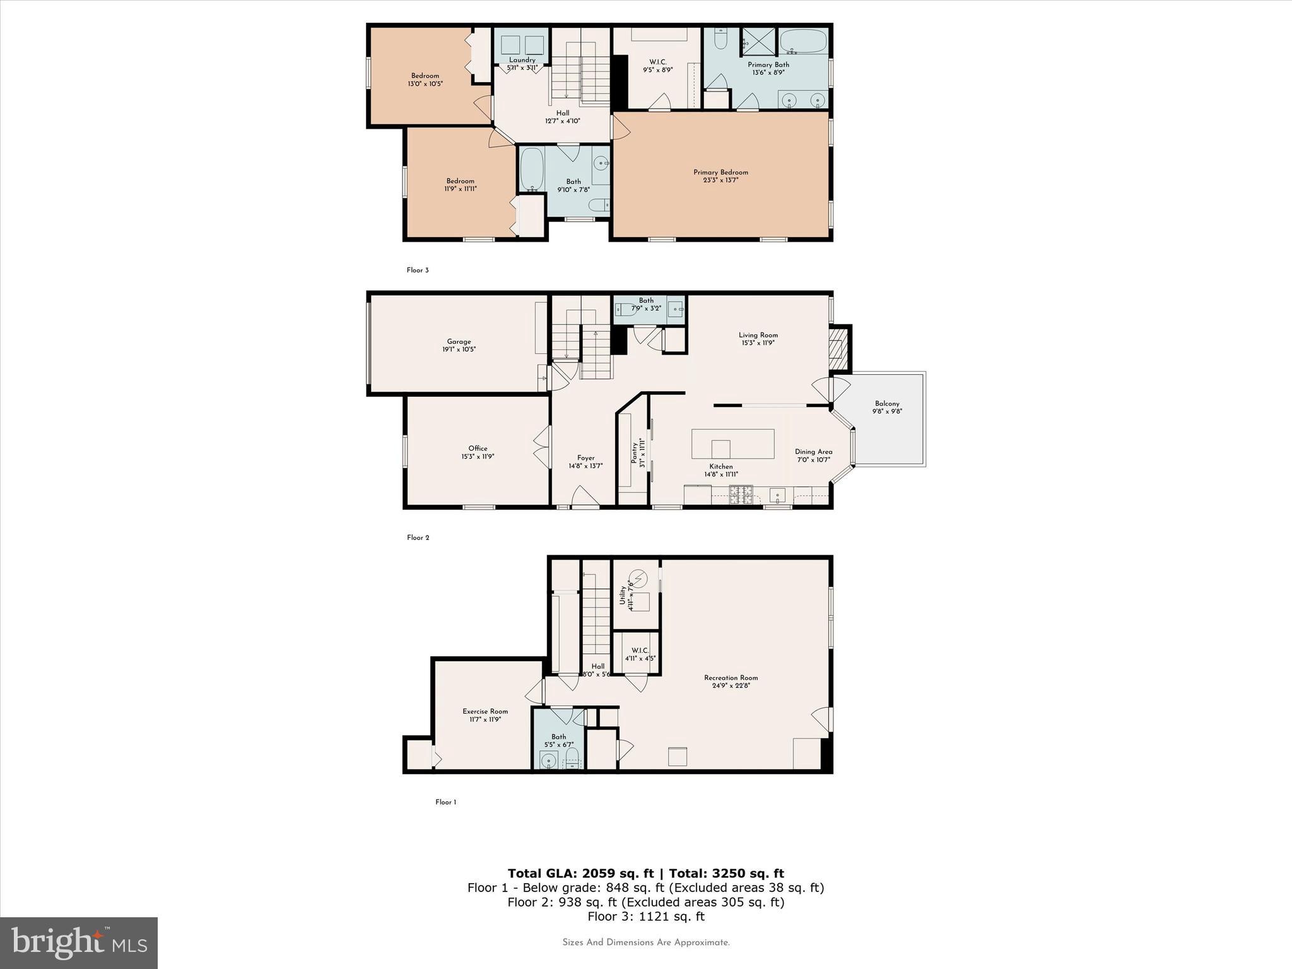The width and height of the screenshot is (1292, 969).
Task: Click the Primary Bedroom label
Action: [x=720, y=172]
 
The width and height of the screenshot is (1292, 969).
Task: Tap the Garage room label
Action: [x=459, y=341]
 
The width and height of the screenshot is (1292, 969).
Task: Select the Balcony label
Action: [x=887, y=404]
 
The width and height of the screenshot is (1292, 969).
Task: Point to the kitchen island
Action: [x=732, y=443]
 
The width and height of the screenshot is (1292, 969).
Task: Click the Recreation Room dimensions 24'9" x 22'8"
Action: [x=731, y=685]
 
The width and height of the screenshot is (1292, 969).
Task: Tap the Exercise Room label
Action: [x=484, y=711]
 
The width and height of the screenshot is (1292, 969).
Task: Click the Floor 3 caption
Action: [x=418, y=270]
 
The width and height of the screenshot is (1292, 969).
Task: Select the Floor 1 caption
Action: [x=445, y=802]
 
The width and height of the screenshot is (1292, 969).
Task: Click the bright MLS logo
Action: [x=79, y=943]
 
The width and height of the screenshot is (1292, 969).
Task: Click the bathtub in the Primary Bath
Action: [x=803, y=42]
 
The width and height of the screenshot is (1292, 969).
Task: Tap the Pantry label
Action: [x=635, y=452]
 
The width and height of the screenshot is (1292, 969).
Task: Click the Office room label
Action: [x=478, y=449]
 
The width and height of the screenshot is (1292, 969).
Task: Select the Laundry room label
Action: [x=522, y=60]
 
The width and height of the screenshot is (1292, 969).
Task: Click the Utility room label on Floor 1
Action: [x=623, y=595]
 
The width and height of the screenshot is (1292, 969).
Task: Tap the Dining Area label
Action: [x=813, y=452]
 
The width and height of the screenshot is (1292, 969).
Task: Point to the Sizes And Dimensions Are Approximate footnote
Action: [x=646, y=943]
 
